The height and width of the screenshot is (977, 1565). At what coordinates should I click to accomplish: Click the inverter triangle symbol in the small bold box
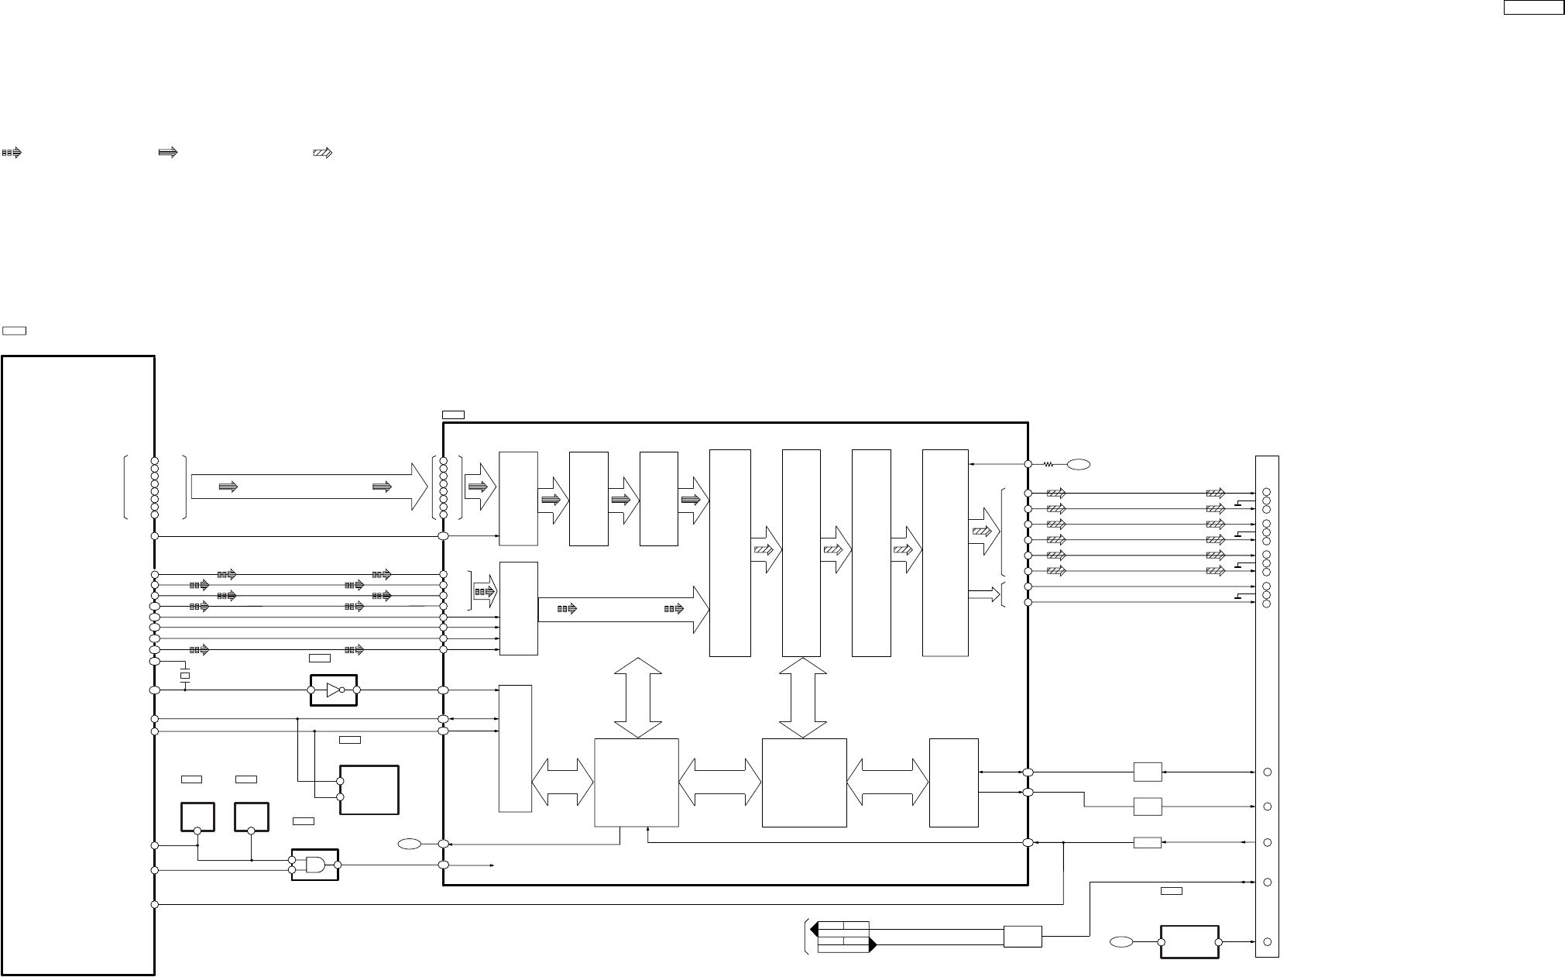point(334,690)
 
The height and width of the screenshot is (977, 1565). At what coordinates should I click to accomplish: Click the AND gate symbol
point(315,865)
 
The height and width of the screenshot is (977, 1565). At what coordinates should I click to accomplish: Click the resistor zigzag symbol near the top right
point(1048,465)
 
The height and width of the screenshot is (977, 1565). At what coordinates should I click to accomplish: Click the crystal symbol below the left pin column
point(185,676)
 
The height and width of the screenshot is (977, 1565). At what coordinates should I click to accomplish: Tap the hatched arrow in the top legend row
point(322,153)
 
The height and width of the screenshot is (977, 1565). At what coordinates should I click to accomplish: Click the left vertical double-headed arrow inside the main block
point(638,698)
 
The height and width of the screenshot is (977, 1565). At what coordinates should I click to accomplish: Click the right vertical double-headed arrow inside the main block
point(802,698)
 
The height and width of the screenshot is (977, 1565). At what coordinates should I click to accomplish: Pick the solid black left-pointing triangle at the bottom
point(815,928)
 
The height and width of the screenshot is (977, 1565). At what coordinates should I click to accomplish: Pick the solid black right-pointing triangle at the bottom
point(872,945)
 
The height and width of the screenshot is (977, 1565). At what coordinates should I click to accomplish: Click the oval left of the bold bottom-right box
point(1120,941)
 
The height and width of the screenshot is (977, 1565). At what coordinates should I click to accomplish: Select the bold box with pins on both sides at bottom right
point(1189,941)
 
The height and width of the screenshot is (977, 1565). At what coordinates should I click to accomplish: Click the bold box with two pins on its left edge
point(369,790)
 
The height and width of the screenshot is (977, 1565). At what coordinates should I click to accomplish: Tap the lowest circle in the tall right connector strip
point(1267,942)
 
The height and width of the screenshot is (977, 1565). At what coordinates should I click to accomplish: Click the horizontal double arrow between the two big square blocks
point(720,783)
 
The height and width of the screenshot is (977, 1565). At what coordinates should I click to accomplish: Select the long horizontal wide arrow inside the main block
point(623,609)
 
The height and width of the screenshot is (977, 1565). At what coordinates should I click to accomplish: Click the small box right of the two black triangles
point(1022,937)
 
